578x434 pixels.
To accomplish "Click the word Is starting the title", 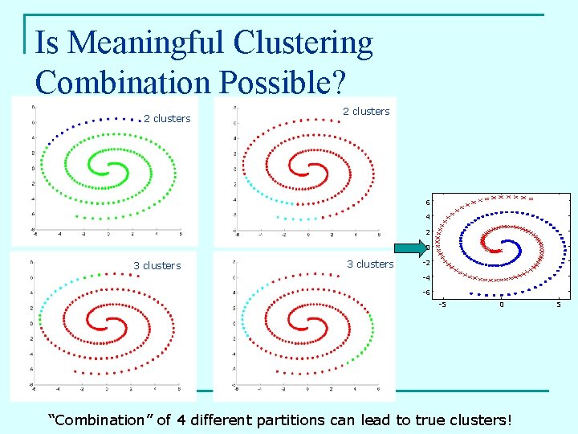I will click(49, 43).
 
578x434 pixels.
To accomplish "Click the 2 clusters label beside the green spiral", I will click(167, 119).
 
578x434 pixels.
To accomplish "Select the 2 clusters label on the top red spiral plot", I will click(366, 112).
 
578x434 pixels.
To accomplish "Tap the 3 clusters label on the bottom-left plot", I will click(157, 266).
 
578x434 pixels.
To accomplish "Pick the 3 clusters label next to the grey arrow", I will click(370, 264).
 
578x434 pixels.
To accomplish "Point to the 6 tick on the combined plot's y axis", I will click(428, 202).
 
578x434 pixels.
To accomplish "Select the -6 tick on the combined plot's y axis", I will click(426, 293).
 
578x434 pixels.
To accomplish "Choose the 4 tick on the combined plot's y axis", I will click(428, 217).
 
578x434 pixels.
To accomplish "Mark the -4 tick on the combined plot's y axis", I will click(426, 277).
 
